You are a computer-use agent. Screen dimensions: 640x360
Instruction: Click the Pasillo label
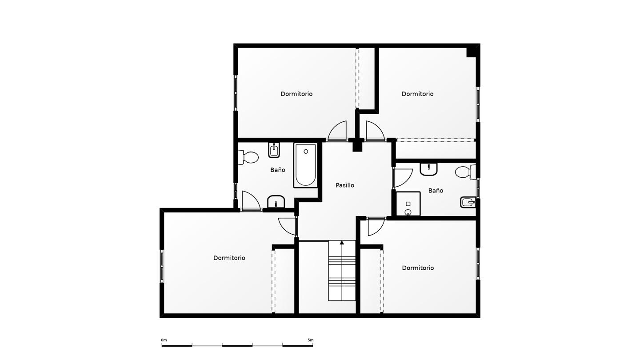[x=345, y=185]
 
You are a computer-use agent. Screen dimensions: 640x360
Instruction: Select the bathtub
[x=305, y=165]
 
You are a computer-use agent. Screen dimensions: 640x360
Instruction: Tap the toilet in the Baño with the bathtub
[x=248, y=157]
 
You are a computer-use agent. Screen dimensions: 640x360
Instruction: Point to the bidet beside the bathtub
[x=274, y=150]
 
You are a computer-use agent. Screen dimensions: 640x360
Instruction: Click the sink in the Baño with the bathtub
[x=276, y=202]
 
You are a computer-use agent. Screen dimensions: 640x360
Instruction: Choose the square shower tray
[x=408, y=204]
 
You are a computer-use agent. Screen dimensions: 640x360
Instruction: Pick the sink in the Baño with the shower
[x=428, y=169]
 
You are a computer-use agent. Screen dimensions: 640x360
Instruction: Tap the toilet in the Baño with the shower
[x=465, y=172]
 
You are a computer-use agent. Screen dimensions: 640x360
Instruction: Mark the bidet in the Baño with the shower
[x=468, y=202]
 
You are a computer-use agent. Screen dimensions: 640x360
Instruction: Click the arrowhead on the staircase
[x=342, y=243]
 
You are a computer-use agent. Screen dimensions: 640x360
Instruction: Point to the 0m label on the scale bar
[x=164, y=340]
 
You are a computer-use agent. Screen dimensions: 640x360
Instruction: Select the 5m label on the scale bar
[x=310, y=340]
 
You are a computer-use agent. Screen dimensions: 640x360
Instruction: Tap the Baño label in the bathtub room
[x=278, y=170]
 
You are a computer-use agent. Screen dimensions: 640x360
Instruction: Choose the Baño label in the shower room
[x=436, y=191]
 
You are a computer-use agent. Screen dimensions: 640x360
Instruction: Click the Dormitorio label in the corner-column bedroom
[x=417, y=94]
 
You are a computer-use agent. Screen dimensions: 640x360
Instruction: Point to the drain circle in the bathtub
[x=306, y=152]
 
